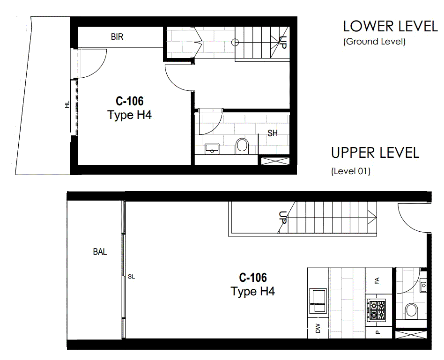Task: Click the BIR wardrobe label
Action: [x=117, y=37]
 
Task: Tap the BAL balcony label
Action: [x=100, y=251]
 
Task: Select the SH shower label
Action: [x=273, y=133]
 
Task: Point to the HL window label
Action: [x=67, y=105]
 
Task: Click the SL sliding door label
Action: [x=132, y=277]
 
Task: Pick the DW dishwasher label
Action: [x=318, y=328]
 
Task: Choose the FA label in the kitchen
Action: [x=377, y=281]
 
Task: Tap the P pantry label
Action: [x=378, y=332]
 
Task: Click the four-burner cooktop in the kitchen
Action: [x=377, y=310]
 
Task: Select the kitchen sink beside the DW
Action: [x=318, y=301]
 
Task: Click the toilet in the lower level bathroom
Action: [x=242, y=146]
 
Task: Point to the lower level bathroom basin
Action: [x=212, y=148]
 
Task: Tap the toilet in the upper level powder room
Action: [x=411, y=310]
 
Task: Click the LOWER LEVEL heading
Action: [x=391, y=27]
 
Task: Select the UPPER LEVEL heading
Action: [x=375, y=153]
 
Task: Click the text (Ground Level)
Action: [x=374, y=42]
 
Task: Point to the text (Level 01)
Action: [x=351, y=171]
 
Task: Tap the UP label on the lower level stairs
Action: [x=282, y=43]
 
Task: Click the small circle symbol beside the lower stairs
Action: [x=235, y=43]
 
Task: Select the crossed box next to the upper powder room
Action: [x=411, y=335]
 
